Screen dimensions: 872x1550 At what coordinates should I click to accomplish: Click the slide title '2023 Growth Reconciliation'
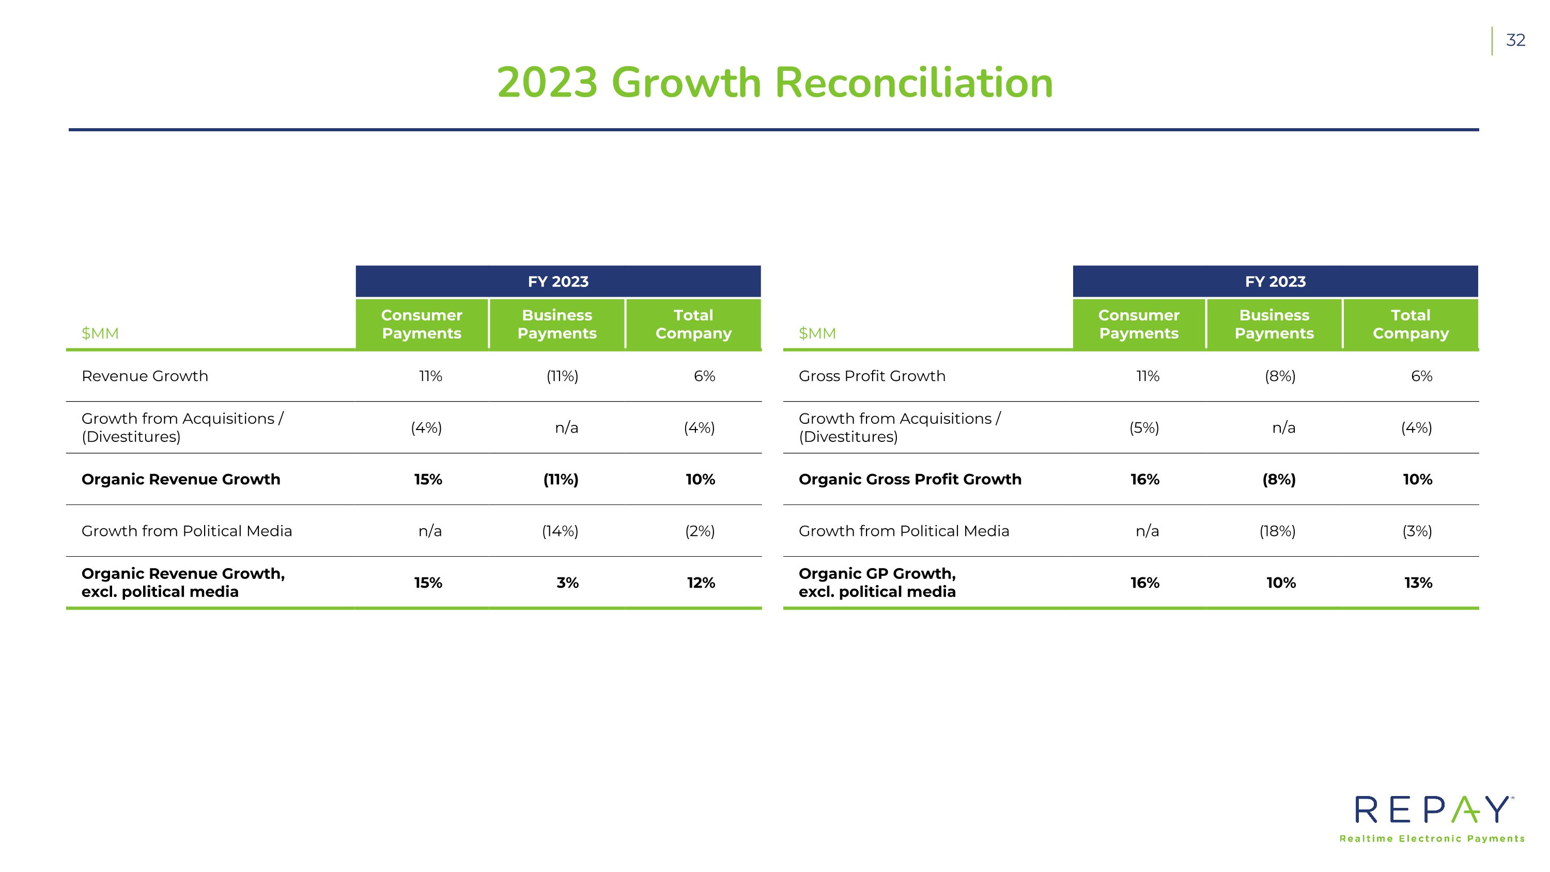pyautogui.click(x=774, y=83)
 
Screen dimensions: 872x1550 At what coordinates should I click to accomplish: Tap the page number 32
pyautogui.click(x=1515, y=40)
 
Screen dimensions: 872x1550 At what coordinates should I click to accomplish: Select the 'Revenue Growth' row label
pyautogui.click(x=145, y=376)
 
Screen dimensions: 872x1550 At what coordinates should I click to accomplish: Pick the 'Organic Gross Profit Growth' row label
pyautogui.click(x=909, y=480)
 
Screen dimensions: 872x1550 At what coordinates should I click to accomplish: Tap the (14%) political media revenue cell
pyautogui.click(x=560, y=531)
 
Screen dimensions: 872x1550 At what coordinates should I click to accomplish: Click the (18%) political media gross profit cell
pyautogui.click(x=1277, y=531)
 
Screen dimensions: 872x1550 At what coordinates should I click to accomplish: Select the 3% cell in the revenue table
pyautogui.click(x=567, y=583)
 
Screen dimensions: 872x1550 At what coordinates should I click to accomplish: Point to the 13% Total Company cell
pyautogui.click(x=1418, y=583)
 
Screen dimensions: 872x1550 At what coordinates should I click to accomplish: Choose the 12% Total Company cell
pyautogui.click(x=701, y=583)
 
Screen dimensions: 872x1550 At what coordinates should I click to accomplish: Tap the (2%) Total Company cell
pyautogui.click(x=700, y=531)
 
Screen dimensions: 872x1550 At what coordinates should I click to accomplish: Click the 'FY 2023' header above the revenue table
pyautogui.click(x=558, y=282)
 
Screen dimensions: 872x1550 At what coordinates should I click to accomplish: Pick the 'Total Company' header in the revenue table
pyautogui.click(x=693, y=325)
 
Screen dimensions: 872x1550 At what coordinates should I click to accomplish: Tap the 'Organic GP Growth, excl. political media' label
pyautogui.click(x=877, y=583)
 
